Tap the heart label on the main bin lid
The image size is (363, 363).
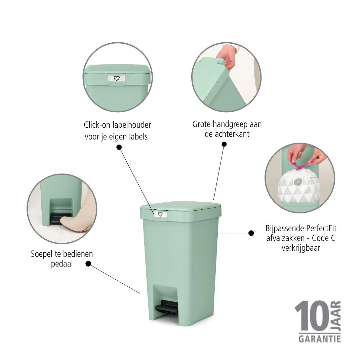tap(160, 214)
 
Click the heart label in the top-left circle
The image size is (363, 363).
tap(117, 78)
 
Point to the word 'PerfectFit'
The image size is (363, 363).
tap(321, 229)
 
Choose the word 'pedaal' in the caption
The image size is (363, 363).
tap(62, 264)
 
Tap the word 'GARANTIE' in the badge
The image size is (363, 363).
tap(319, 338)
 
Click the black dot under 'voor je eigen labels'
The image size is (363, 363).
tap(119, 147)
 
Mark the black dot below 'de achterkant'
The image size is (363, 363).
tap(224, 144)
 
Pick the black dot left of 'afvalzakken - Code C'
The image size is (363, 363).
tap(251, 233)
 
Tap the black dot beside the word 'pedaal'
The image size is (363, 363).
tap(88, 264)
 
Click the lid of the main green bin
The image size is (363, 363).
tap(182, 206)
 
